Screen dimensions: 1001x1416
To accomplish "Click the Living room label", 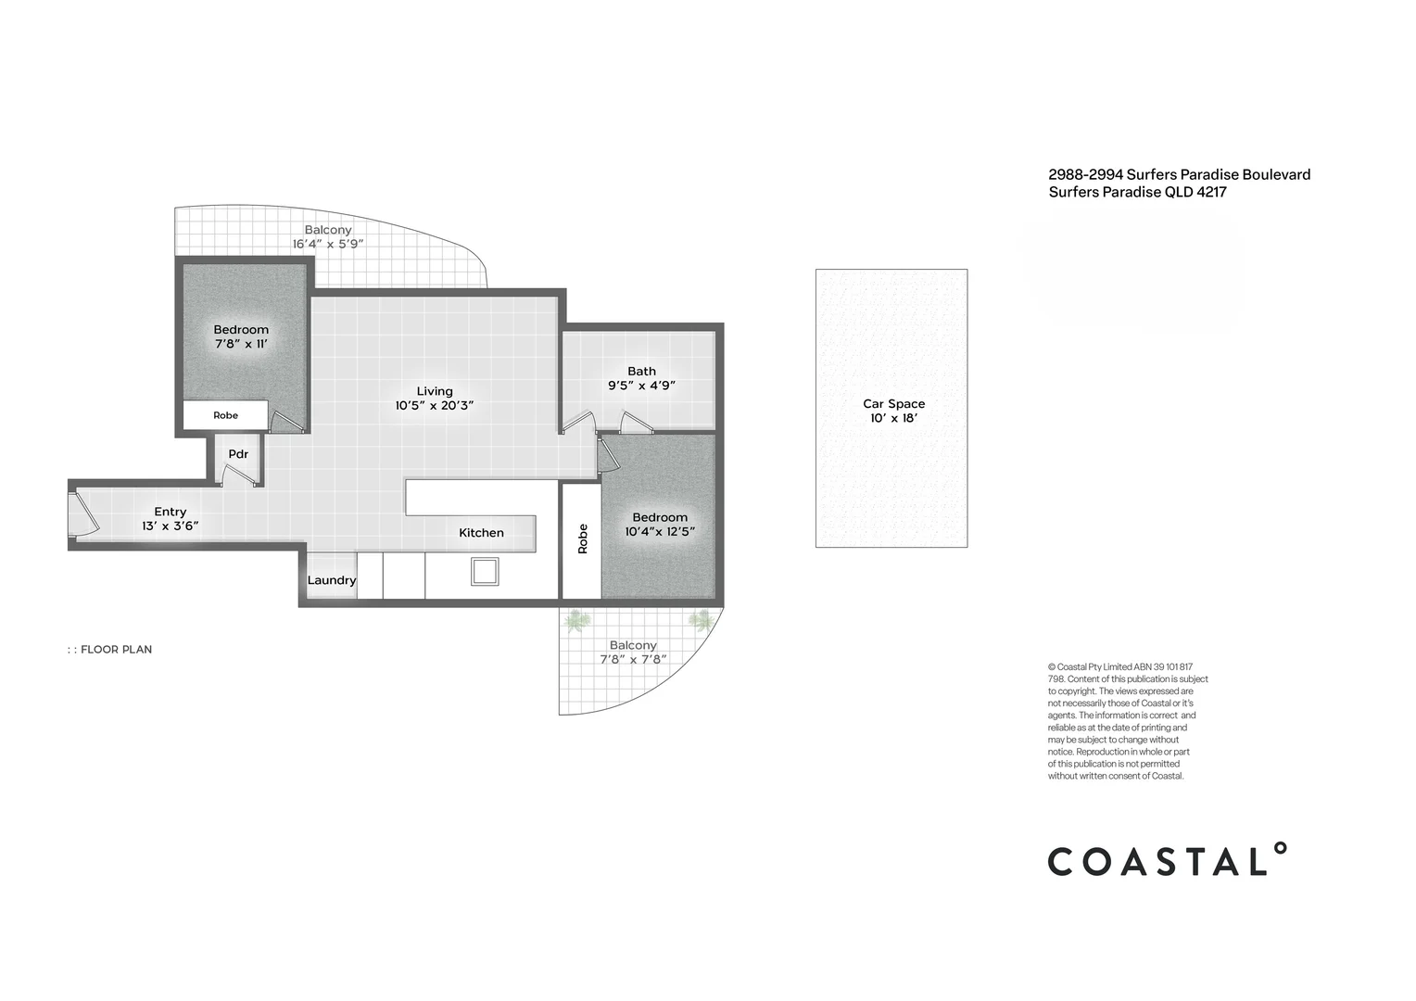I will coord(434,391).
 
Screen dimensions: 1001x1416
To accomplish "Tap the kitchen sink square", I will coord(485,571).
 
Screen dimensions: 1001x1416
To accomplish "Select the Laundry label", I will coord(331,580).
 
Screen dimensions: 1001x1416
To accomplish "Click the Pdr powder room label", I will coord(238,454).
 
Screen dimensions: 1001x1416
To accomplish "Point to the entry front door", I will coord(83,514).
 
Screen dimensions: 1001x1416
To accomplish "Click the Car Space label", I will coord(893,403).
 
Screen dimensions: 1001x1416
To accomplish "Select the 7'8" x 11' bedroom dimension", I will coord(241,344).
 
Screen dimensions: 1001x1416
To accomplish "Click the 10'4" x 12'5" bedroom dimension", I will coord(660,532).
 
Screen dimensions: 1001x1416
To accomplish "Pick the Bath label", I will coord(641,371).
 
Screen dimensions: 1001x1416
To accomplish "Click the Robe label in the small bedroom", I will coord(225,415).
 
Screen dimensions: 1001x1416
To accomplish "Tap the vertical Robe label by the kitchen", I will coord(583,539).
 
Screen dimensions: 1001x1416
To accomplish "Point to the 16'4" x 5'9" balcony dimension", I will coord(328,245).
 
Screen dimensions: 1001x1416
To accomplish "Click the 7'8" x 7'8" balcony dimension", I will coord(633,660).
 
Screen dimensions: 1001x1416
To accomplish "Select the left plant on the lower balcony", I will coord(576,620).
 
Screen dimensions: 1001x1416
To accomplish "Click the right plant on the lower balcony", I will coord(701,620).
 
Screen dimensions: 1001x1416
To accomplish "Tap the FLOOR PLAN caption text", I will coord(116,650).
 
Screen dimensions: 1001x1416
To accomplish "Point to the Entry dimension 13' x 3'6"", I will coord(170,526).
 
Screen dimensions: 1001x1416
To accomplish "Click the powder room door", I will coord(238,475).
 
